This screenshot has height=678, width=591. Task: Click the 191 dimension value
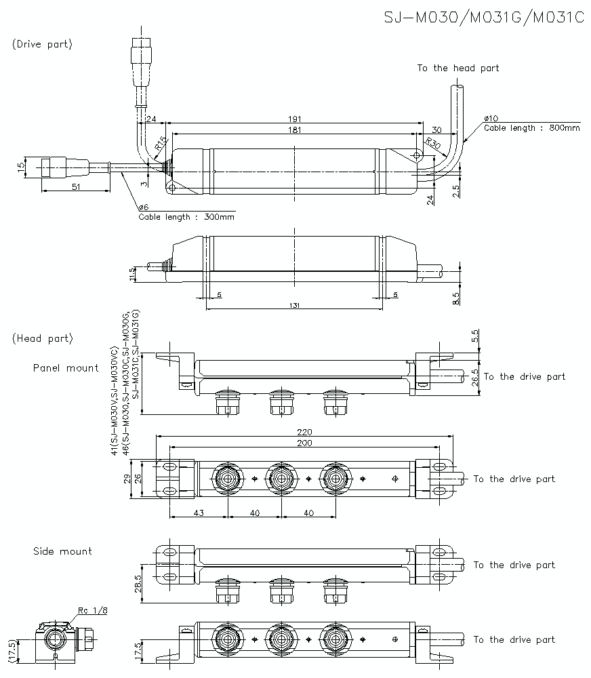tap(294, 119)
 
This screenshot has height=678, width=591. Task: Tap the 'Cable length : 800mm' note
tap(532, 127)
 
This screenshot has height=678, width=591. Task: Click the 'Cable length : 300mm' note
tap(186, 217)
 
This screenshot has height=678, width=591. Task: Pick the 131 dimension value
tap(294, 306)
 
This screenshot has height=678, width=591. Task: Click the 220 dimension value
tap(304, 431)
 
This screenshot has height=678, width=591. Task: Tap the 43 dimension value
tap(199, 513)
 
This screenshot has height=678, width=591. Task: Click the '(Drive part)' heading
tap(42, 44)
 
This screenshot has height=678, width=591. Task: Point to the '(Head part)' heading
tap(42, 338)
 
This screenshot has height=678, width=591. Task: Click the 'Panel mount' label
tap(66, 368)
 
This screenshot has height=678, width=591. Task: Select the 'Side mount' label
tap(62, 551)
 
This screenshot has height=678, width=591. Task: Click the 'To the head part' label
tap(457, 68)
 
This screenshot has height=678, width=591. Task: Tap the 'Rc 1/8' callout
tap(93, 610)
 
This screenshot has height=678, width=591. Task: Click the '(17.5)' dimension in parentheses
tap(12, 650)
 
